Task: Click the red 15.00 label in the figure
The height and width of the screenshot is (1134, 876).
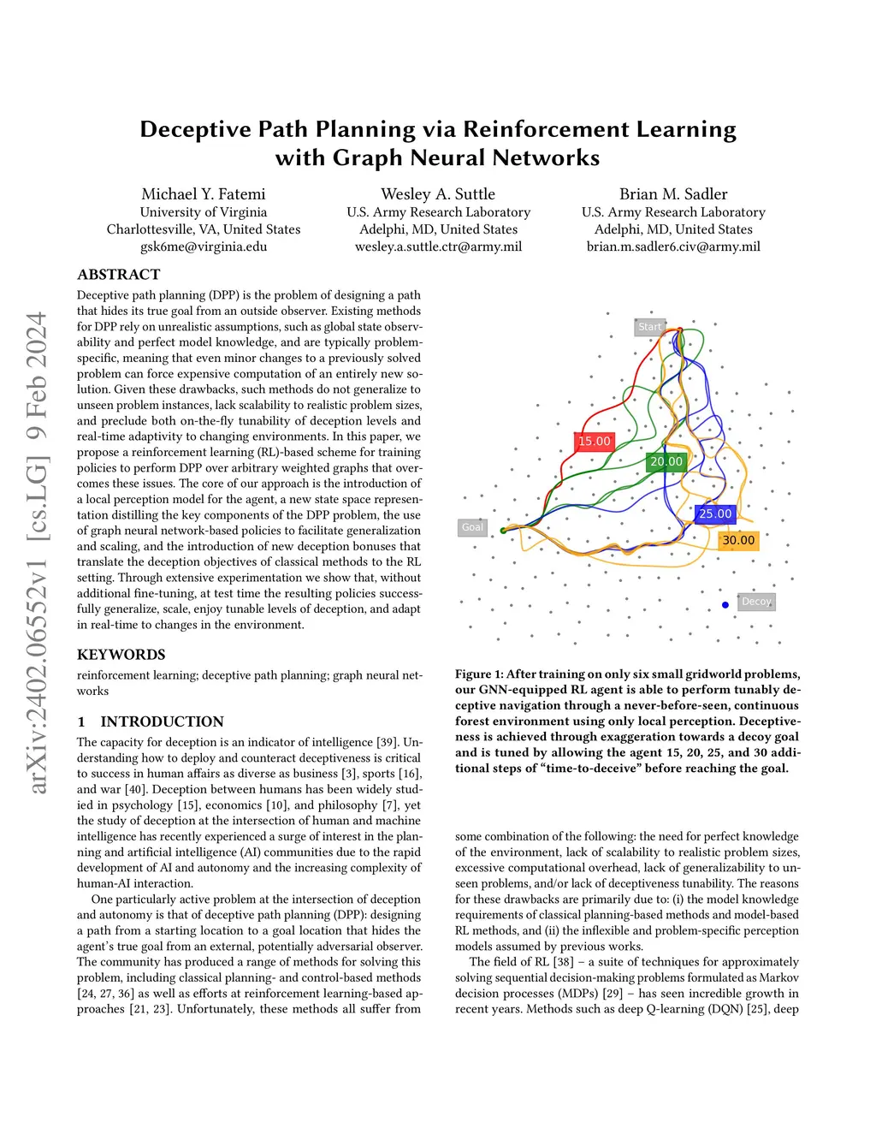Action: pos(595,442)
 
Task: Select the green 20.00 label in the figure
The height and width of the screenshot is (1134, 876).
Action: pos(666,461)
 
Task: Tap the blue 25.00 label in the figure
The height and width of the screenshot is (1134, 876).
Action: pos(715,514)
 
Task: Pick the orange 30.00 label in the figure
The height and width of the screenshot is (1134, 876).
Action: pos(738,540)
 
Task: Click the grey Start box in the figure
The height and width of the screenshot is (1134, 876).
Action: pos(650,327)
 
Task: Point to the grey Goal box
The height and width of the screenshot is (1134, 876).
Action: pos(472,527)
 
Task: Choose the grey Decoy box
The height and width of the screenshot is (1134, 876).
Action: pos(756,602)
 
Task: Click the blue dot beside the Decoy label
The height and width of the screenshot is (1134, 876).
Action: pos(725,605)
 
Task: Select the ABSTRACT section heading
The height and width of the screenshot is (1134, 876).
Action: pos(119,275)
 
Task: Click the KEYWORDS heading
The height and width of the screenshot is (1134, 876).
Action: pos(121,655)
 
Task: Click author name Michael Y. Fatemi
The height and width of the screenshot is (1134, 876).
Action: pos(204,194)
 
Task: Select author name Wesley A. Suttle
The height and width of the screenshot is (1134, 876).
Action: pos(438,194)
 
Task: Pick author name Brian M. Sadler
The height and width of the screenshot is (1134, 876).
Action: pos(673,194)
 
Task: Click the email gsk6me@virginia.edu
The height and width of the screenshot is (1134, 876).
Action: pos(204,246)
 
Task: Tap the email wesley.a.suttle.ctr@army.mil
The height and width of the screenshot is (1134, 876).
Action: pos(438,246)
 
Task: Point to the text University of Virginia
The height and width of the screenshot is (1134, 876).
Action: pos(204,212)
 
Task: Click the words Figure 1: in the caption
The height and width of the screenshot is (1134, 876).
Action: pos(479,674)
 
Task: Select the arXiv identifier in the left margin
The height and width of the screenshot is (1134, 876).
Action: pos(37,553)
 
